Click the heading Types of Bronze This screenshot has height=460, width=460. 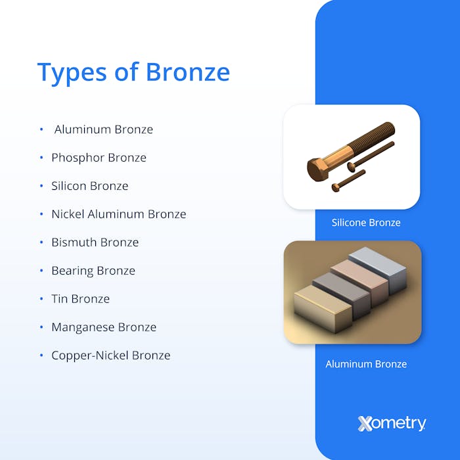[x=133, y=72]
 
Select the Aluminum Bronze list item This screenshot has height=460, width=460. [x=103, y=129]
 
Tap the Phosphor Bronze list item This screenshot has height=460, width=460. [x=99, y=158]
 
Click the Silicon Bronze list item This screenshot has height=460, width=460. [x=89, y=186]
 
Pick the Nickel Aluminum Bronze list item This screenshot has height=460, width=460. [x=118, y=214]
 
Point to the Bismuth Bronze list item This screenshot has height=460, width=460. [x=95, y=242]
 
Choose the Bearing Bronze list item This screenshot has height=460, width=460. [x=93, y=271]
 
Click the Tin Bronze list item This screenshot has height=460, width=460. [x=80, y=299]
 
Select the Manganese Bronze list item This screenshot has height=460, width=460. [x=104, y=327]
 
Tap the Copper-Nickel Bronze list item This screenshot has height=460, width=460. [x=110, y=356]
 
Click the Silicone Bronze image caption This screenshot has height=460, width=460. [x=366, y=223]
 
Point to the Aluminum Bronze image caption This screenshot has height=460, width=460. [x=366, y=364]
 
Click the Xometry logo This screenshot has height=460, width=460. [x=392, y=423]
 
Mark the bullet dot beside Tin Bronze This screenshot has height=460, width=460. [x=41, y=299]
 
